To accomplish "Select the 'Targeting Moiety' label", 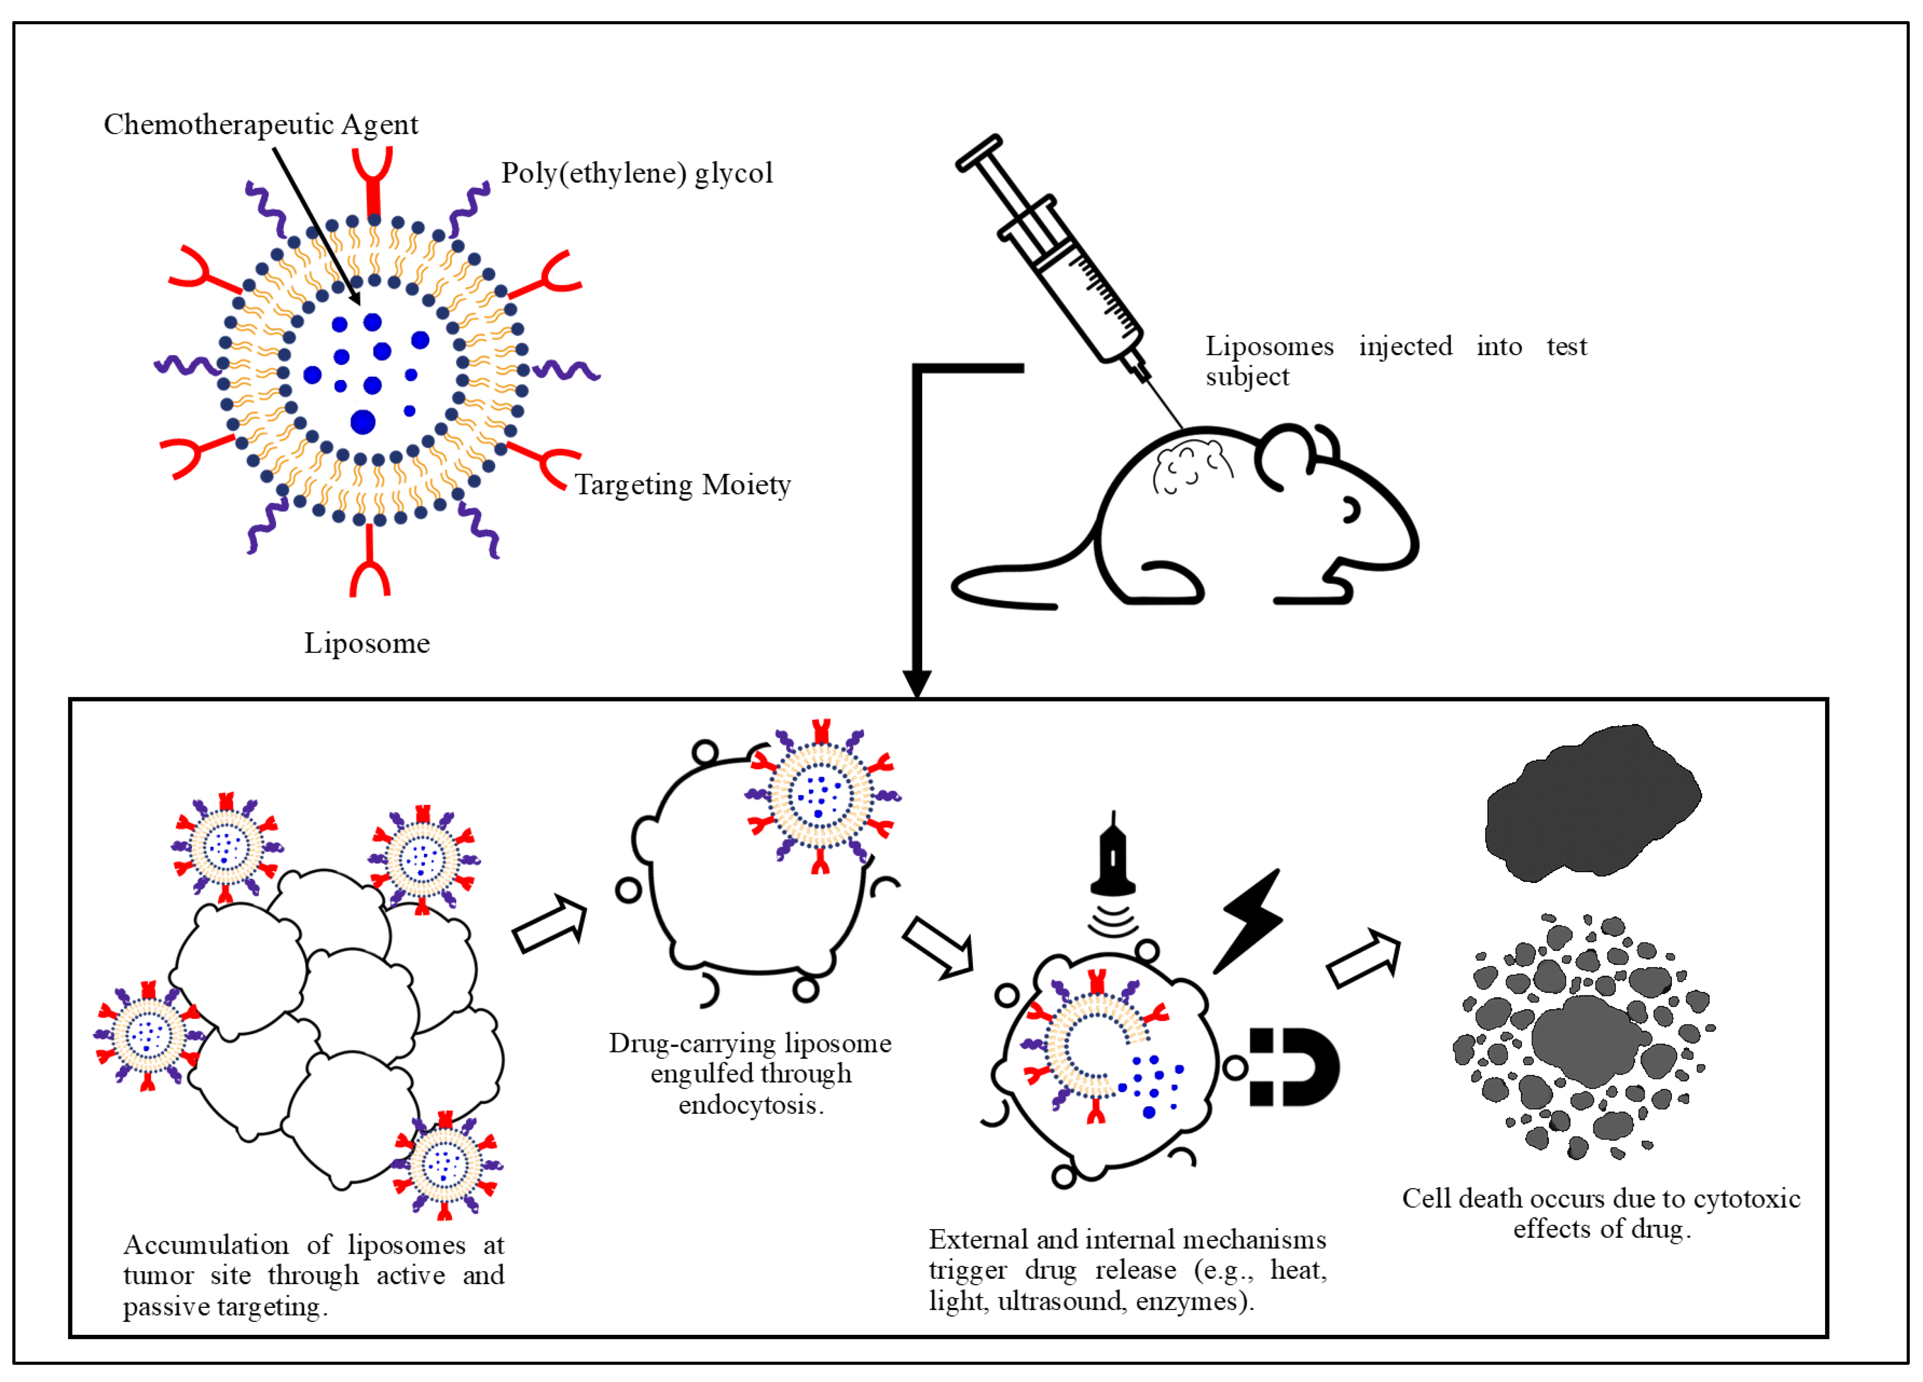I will pos(683,485).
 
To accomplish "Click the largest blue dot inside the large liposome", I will pos(363,421).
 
